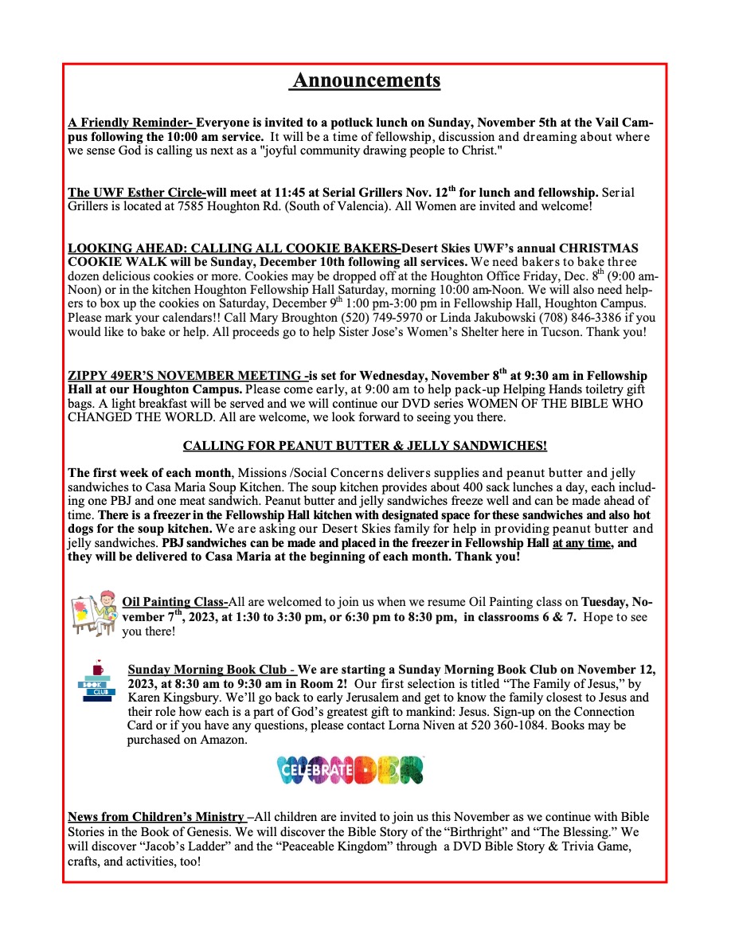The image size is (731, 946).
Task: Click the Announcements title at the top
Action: pyautogui.click(x=365, y=80)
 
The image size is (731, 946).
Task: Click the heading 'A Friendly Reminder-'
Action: pyautogui.click(x=131, y=123)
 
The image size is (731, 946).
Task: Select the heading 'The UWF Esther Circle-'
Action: pyautogui.click(x=137, y=193)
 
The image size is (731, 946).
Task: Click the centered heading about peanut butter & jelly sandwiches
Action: pyautogui.click(x=365, y=445)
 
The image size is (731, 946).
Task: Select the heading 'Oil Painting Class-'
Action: pyautogui.click(x=175, y=602)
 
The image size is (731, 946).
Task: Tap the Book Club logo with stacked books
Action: pyautogui.click(x=96, y=682)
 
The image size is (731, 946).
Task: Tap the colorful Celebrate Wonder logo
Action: pyautogui.click(x=350, y=769)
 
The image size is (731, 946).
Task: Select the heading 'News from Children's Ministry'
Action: pyautogui.click(x=157, y=817)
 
